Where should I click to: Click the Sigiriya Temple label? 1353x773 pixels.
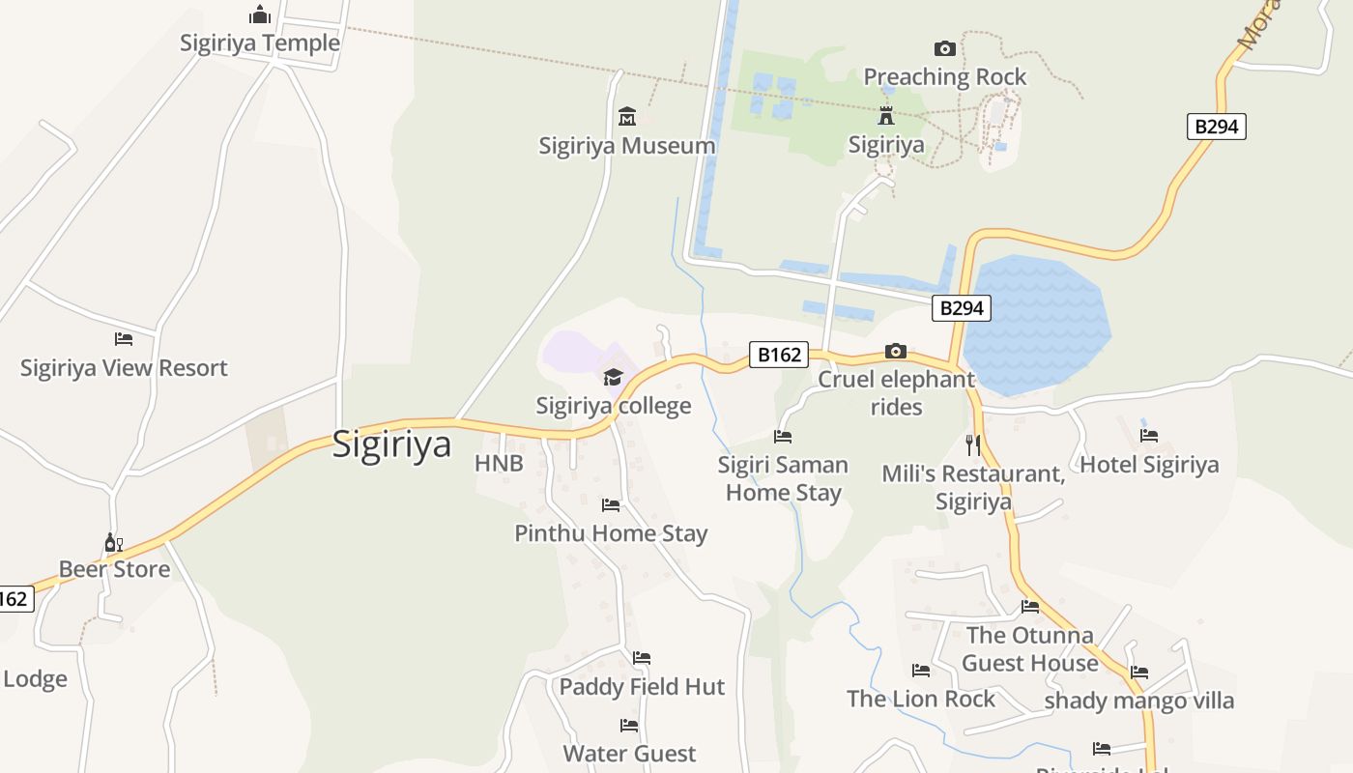coord(260,43)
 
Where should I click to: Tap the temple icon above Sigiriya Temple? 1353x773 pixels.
coord(260,14)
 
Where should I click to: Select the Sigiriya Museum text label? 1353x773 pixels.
coord(627,146)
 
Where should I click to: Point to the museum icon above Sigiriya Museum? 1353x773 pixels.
coord(627,117)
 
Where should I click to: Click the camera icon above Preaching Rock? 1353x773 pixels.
coord(944,48)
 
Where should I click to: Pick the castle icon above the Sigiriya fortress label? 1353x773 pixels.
coord(885,117)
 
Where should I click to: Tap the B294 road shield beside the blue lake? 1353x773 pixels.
coord(962,308)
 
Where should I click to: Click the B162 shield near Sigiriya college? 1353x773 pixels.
coord(779,355)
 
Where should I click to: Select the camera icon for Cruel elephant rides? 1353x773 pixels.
coord(896,351)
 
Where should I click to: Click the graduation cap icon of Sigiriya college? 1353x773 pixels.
coord(613,377)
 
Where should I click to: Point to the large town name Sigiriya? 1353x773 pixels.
coord(391,444)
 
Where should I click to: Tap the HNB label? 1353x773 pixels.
coord(499,464)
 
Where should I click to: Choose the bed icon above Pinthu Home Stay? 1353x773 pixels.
coord(611,504)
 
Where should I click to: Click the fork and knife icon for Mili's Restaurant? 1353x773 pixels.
coord(973,445)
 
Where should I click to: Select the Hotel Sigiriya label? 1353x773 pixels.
coord(1149,465)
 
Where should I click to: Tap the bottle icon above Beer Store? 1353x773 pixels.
coord(114,542)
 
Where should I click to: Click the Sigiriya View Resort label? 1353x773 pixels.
coord(124,368)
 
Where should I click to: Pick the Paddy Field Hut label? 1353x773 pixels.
coord(642,687)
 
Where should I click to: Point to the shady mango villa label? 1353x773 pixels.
coord(1139,701)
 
